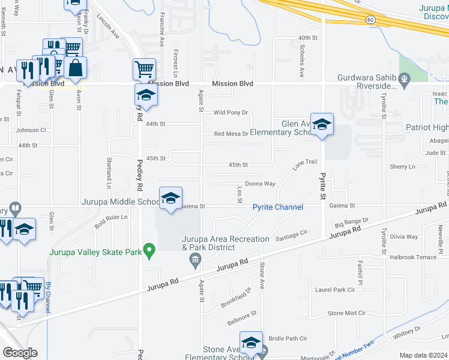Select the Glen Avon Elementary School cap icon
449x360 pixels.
coord(322,124)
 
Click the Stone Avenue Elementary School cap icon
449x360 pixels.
coord(251,343)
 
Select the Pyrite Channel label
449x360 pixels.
coord(277,207)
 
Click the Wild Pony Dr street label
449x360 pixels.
coord(231,113)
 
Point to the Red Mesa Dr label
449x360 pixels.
coord(231,134)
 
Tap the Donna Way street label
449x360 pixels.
coord(260,184)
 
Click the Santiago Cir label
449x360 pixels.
coord(291,233)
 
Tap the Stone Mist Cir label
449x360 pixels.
coord(346,313)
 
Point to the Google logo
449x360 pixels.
coord(20,353)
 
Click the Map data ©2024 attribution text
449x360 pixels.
coord(423,355)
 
